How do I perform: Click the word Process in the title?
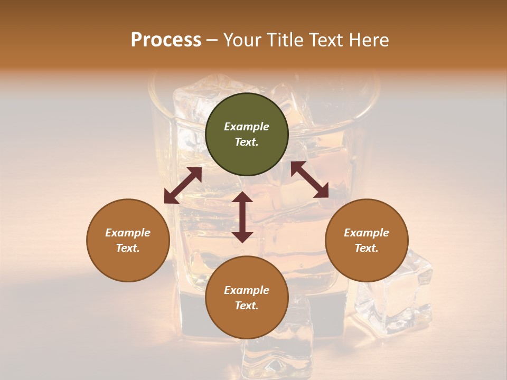pyautogui.click(x=166, y=40)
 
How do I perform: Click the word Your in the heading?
pyautogui.click(x=243, y=40)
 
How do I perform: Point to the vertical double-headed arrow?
pyautogui.click(x=242, y=217)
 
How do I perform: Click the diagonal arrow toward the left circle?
pyautogui.click(x=183, y=185)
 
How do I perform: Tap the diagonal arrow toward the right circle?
pyautogui.click(x=309, y=179)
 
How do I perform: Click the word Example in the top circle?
pyautogui.click(x=247, y=127)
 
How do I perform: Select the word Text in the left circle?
pyautogui.click(x=128, y=248)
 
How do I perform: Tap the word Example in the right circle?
pyautogui.click(x=367, y=233)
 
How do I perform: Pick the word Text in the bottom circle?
pyautogui.click(x=246, y=306)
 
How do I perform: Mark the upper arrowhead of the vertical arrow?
pyautogui.click(x=242, y=197)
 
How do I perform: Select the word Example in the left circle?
pyautogui.click(x=128, y=233)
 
